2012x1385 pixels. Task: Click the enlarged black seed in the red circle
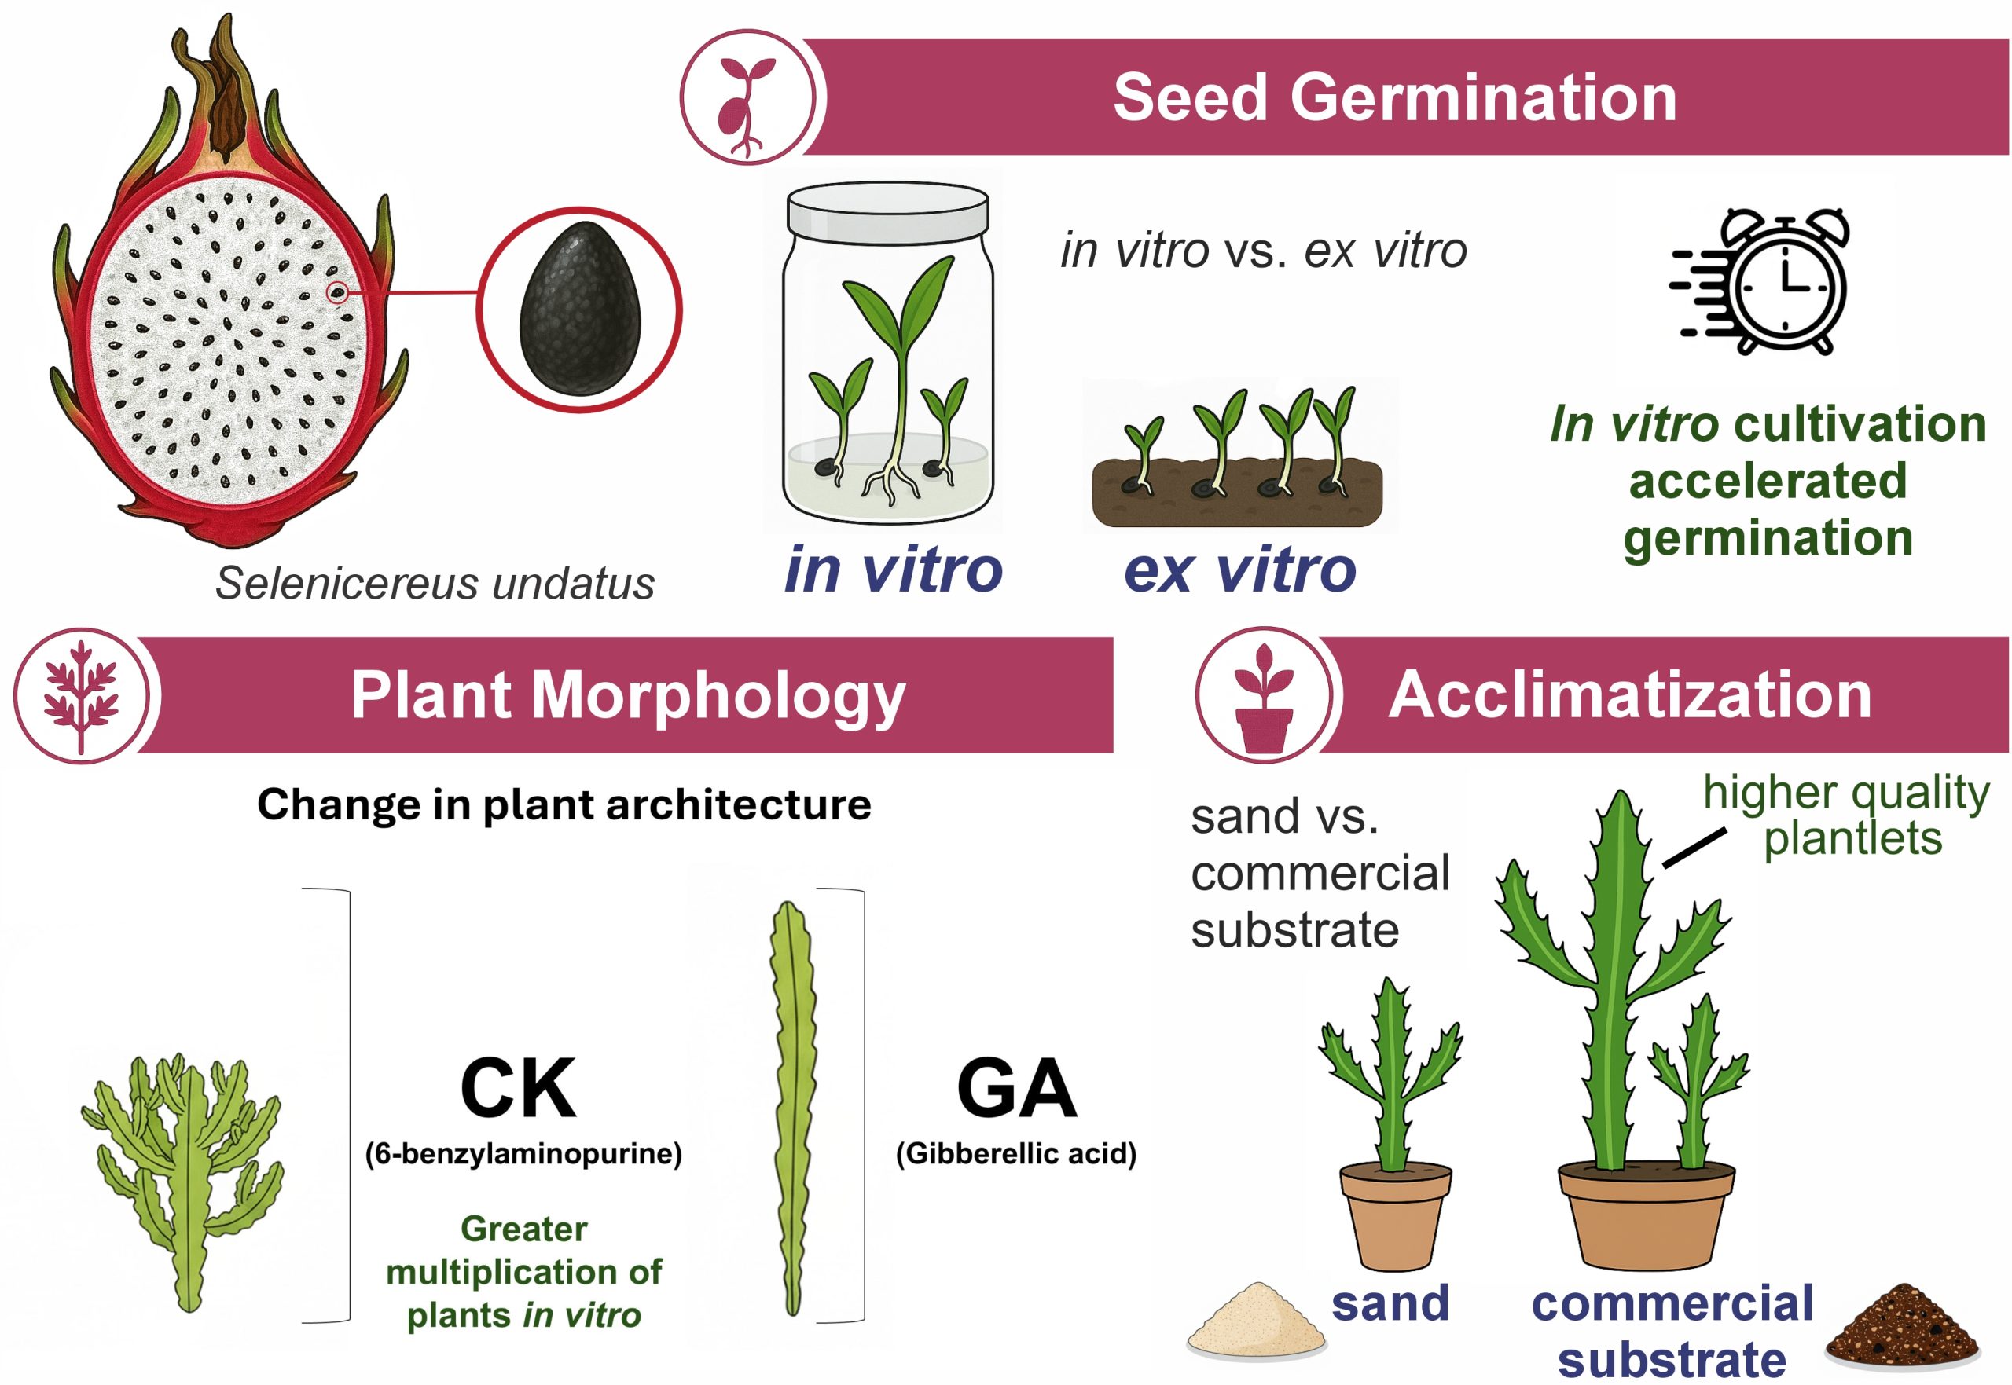click(580, 309)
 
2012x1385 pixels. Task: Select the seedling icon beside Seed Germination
click(746, 97)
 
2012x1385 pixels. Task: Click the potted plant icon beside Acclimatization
click(1263, 696)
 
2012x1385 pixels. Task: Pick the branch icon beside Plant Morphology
click(82, 696)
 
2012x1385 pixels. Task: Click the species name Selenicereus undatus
click(435, 583)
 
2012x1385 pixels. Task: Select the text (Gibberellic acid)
click(1015, 1153)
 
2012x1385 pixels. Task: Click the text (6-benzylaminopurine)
click(523, 1153)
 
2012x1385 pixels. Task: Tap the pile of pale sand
click(1255, 1320)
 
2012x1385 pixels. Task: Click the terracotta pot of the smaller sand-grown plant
click(1395, 1215)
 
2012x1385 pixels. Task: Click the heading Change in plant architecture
click(564, 804)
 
